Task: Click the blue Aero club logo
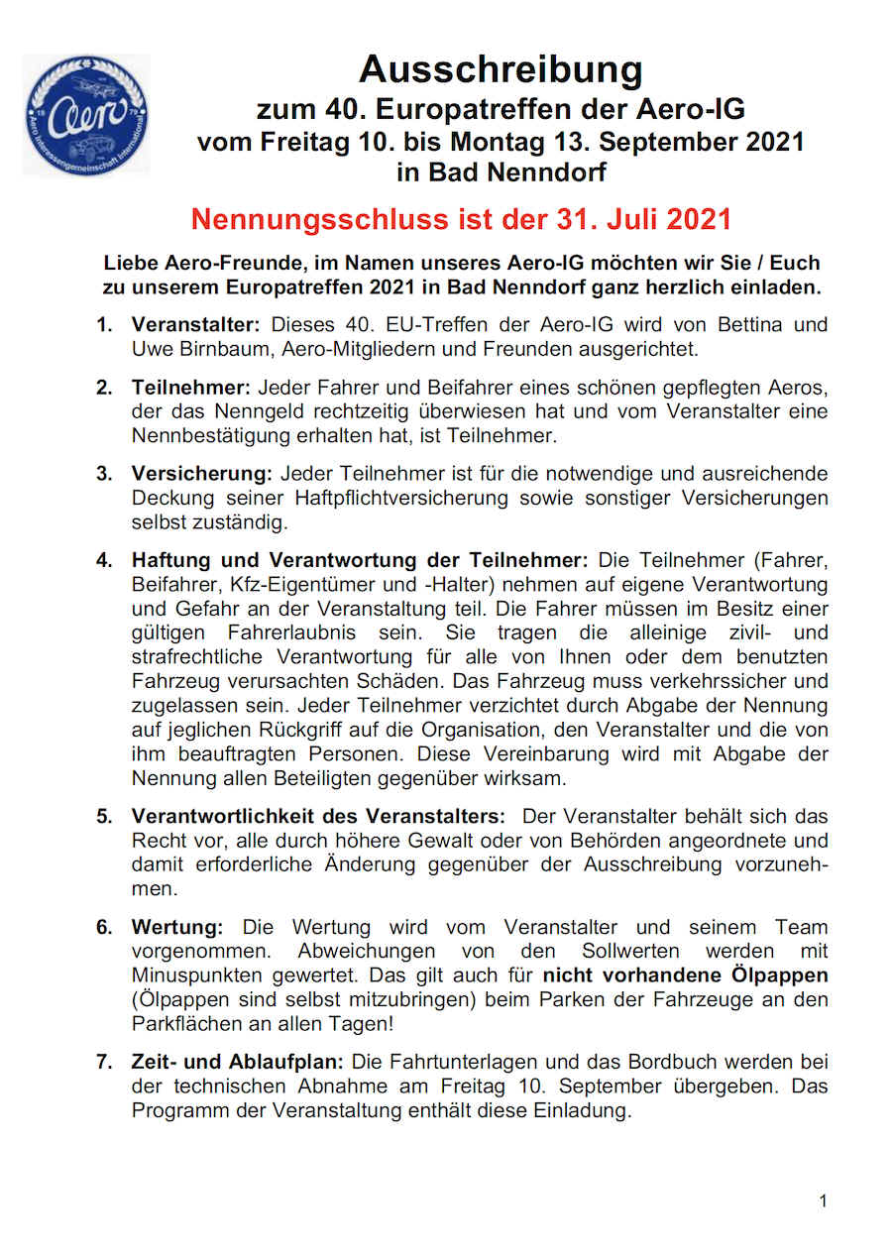pos(86,115)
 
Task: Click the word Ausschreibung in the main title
pos(501,69)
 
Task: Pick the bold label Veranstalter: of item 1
pos(195,325)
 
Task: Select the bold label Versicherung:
pos(202,474)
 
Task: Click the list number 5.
pos(104,817)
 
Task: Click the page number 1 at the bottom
pos(823,1202)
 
